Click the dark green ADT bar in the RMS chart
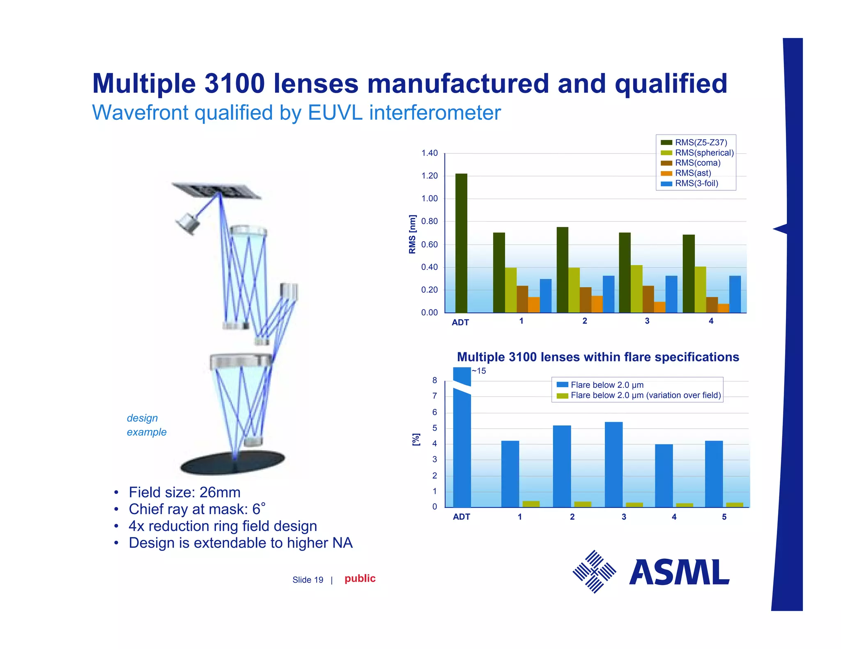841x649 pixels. coord(461,243)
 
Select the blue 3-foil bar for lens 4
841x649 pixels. coord(735,294)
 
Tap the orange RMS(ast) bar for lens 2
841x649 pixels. coord(597,304)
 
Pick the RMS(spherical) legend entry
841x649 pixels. coord(704,153)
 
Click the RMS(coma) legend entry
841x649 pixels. coord(697,163)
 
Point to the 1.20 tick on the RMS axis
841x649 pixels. coord(430,176)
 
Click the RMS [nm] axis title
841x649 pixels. coord(412,234)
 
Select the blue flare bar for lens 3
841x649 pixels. coord(614,464)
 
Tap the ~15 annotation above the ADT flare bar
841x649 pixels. coord(479,371)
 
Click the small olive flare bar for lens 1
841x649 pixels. coord(531,504)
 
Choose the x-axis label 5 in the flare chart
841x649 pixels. coord(724,517)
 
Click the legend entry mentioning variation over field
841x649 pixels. coord(645,395)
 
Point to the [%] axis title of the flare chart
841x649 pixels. coord(416,439)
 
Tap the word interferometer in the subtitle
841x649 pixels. coord(435,113)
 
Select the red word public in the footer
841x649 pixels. coord(360,578)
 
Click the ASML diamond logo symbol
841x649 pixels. coord(594,571)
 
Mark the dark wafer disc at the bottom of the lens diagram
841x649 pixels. coord(233,463)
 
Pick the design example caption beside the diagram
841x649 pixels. coord(147,425)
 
